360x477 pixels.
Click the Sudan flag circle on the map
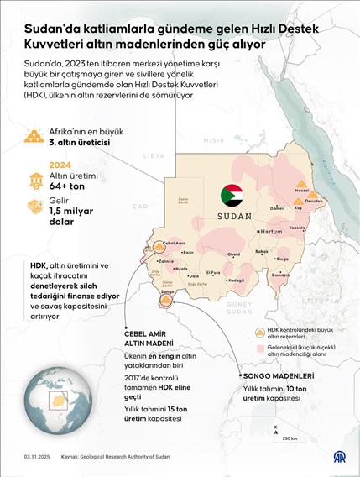pyautogui.click(x=232, y=195)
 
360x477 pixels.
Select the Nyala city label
pyautogui.click(x=180, y=268)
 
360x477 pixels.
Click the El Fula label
pyautogui.click(x=214, y=272)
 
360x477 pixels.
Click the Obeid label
pyautogui.click(x=233, y=254)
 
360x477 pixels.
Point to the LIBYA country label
pyautogui.click(x=154, y=155)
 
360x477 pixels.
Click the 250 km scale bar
pyautogui.click(x=288, y=433)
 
